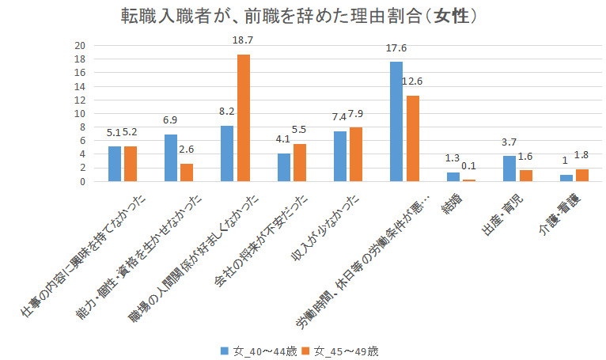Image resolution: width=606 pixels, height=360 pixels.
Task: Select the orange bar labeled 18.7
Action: pos(243,118)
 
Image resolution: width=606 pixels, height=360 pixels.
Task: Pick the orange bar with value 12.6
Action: pos(412,138)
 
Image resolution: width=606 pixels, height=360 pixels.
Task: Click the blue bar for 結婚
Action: pos(453,176)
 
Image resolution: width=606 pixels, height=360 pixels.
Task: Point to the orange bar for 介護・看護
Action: pos(581,175)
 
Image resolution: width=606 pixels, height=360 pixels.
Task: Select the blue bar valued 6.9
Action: pos(171,157)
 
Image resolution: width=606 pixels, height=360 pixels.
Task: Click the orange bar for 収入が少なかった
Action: pos(356,154)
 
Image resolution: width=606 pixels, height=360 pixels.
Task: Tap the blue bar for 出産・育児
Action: pos(509,169)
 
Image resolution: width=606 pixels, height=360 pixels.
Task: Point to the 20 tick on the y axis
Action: pos(79,45)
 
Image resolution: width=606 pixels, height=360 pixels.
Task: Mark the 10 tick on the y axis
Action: pos(79,113)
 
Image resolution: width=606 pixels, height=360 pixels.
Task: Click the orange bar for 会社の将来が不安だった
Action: pos(299,162)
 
